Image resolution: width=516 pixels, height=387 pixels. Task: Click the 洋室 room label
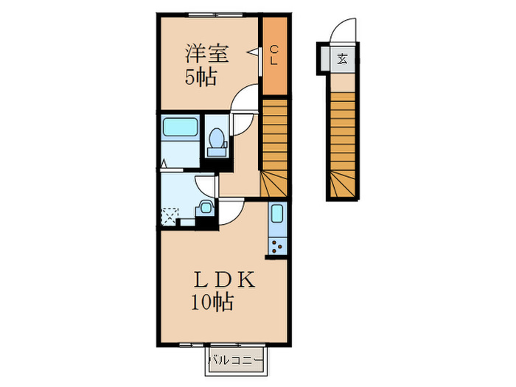pos(206,54)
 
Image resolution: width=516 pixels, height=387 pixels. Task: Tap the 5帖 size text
pos(201,78)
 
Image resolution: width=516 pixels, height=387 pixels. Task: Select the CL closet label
pos(273,55)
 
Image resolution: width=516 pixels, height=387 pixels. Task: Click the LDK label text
pos(224,280)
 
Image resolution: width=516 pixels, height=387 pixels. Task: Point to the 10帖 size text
pos(212,302)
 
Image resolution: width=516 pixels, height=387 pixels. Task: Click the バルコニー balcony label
pos(236,360)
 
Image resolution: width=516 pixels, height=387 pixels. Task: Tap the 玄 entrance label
pos(342,60)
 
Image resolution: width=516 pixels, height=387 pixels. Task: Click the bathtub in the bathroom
pos(180,128)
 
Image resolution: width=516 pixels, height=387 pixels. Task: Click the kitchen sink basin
pos(277,214)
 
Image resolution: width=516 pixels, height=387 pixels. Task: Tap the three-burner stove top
pos(277,246)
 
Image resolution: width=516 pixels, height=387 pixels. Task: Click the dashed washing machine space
pos(170,217)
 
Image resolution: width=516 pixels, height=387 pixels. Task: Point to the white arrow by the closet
pos(253,52)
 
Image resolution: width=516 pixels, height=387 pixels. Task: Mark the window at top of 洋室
pos(215,15)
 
